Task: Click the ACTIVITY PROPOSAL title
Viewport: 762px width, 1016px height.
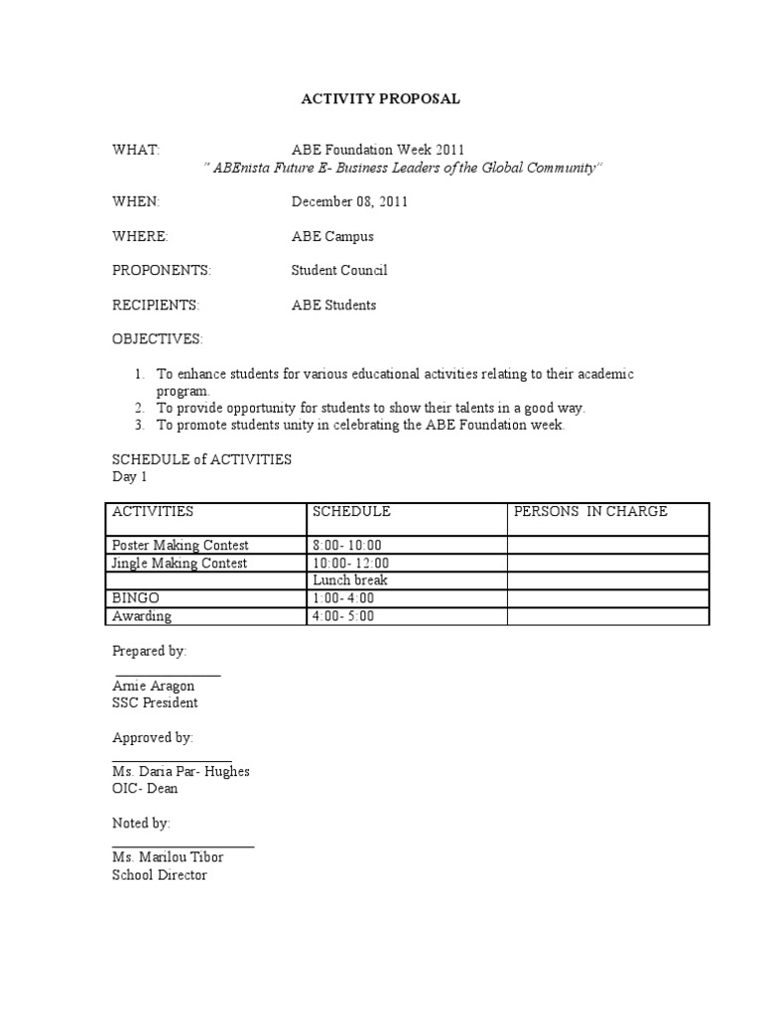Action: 381,99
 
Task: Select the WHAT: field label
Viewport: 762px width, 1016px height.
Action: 136,150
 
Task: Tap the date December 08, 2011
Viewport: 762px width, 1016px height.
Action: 349,201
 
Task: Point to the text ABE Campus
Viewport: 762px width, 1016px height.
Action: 332,236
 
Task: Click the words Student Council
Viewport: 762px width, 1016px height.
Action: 339,270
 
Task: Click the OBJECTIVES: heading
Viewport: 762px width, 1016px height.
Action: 157,339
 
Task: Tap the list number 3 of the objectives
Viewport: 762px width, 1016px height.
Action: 138,425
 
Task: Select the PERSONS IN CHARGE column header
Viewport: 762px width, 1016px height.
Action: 590,512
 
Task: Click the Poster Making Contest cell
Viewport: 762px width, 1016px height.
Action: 181,545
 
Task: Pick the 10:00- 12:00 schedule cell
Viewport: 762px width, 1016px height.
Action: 347,563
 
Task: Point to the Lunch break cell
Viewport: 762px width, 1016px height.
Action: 350,580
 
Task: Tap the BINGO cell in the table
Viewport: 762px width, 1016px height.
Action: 136,598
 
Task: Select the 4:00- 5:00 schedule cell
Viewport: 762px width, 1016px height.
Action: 343,616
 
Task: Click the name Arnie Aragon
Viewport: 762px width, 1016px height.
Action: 154,686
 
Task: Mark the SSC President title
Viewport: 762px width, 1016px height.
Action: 155,702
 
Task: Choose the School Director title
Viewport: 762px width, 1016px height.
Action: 160,875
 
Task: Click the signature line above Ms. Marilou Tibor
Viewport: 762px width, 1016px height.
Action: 184,846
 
